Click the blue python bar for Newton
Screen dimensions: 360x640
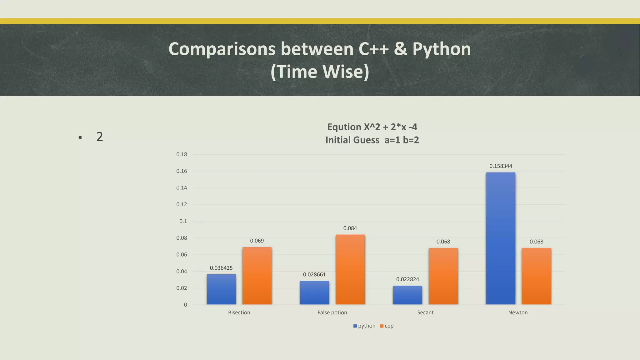click(x=501, y=238)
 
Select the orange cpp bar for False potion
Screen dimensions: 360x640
click(x=350, y=269)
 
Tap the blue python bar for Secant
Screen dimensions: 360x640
click(x=407, y=295)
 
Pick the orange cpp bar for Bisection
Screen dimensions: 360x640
click(x=257, y=276)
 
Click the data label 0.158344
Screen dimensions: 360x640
click(x=501, y=166)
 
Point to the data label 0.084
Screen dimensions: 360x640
click(x=350, y=228)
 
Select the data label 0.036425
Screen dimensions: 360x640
click(x=221, y=268)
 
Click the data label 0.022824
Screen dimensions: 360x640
click(x=407, y=279)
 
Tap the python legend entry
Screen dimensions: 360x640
click(x=364, y=326)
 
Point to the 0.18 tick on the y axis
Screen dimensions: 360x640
click(x=182, y=154)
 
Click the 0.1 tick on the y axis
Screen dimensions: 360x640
click(x=183, y=221)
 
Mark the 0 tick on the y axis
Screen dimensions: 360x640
click(x=186, y=305)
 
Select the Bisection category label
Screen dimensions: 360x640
click(x=239, y=312)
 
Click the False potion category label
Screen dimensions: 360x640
click(x=332, y=312)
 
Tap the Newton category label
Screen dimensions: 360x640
click(x=518, y=312)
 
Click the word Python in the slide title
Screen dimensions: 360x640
click(x=441, y=49)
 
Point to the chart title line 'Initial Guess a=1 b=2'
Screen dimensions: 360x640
click(x=372, y=140)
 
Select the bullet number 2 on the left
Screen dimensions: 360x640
click(x=99, y=137)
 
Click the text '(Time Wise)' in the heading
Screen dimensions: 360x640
click(x=320, y=72)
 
